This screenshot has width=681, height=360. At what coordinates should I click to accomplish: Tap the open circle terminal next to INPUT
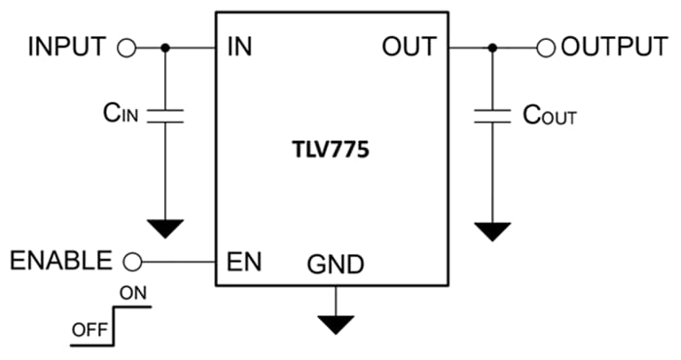coord(125,47)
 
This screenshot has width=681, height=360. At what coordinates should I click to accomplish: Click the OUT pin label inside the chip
coord(409,47)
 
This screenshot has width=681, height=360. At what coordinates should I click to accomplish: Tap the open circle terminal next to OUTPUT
coord(546,47)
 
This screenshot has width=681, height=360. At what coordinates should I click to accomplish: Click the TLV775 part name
coord(332,152)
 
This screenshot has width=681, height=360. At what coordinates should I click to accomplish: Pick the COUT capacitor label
coord(550,117)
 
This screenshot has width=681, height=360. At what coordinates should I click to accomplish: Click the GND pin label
coord(336,264)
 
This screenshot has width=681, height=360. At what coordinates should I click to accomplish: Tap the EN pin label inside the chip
coord(242,260)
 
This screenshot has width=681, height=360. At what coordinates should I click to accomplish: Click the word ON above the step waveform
coord(132,291)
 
